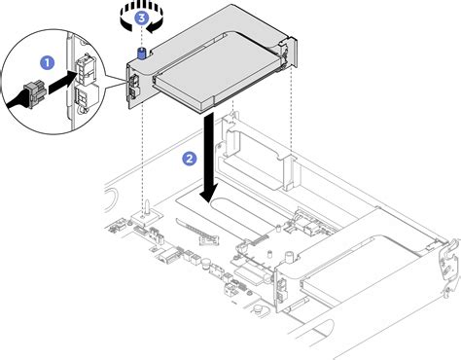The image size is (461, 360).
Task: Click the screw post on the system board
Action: pos(144,207)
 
